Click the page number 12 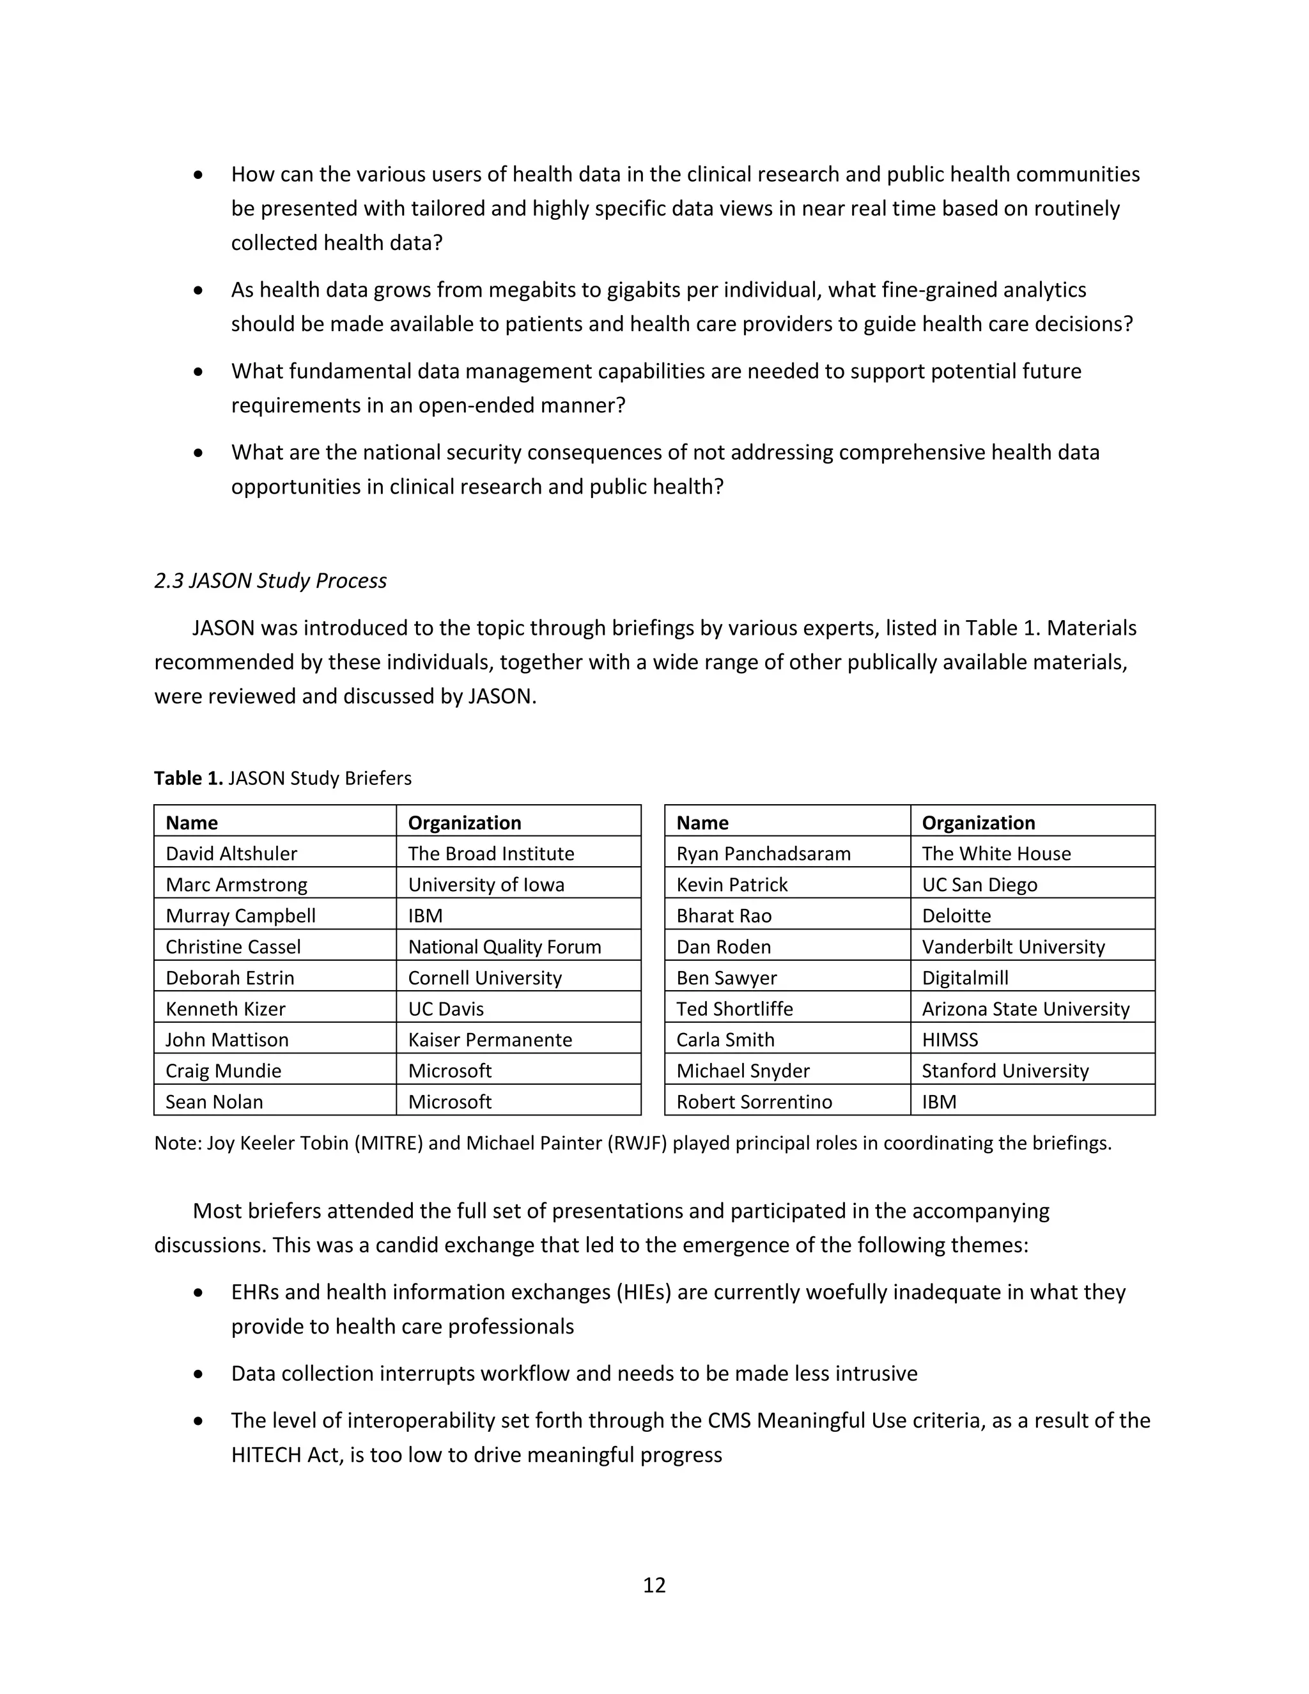click(654, 1585)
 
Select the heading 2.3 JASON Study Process click(270, 580)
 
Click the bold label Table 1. click(189, 778)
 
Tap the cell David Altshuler click(231, 853)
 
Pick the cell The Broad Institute click(491, 853)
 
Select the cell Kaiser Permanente click(490, 1039)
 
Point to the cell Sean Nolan click(214, 1101)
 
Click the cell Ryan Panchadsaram click(763, 853)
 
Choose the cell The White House click(996, 853)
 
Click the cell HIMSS click(950, 1039)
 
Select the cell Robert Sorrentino click(754, 1101)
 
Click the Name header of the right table click(702, 822)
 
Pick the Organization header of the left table click(465, 822)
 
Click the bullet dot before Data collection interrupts click(199, 1374)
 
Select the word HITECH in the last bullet click(266, 1454)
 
